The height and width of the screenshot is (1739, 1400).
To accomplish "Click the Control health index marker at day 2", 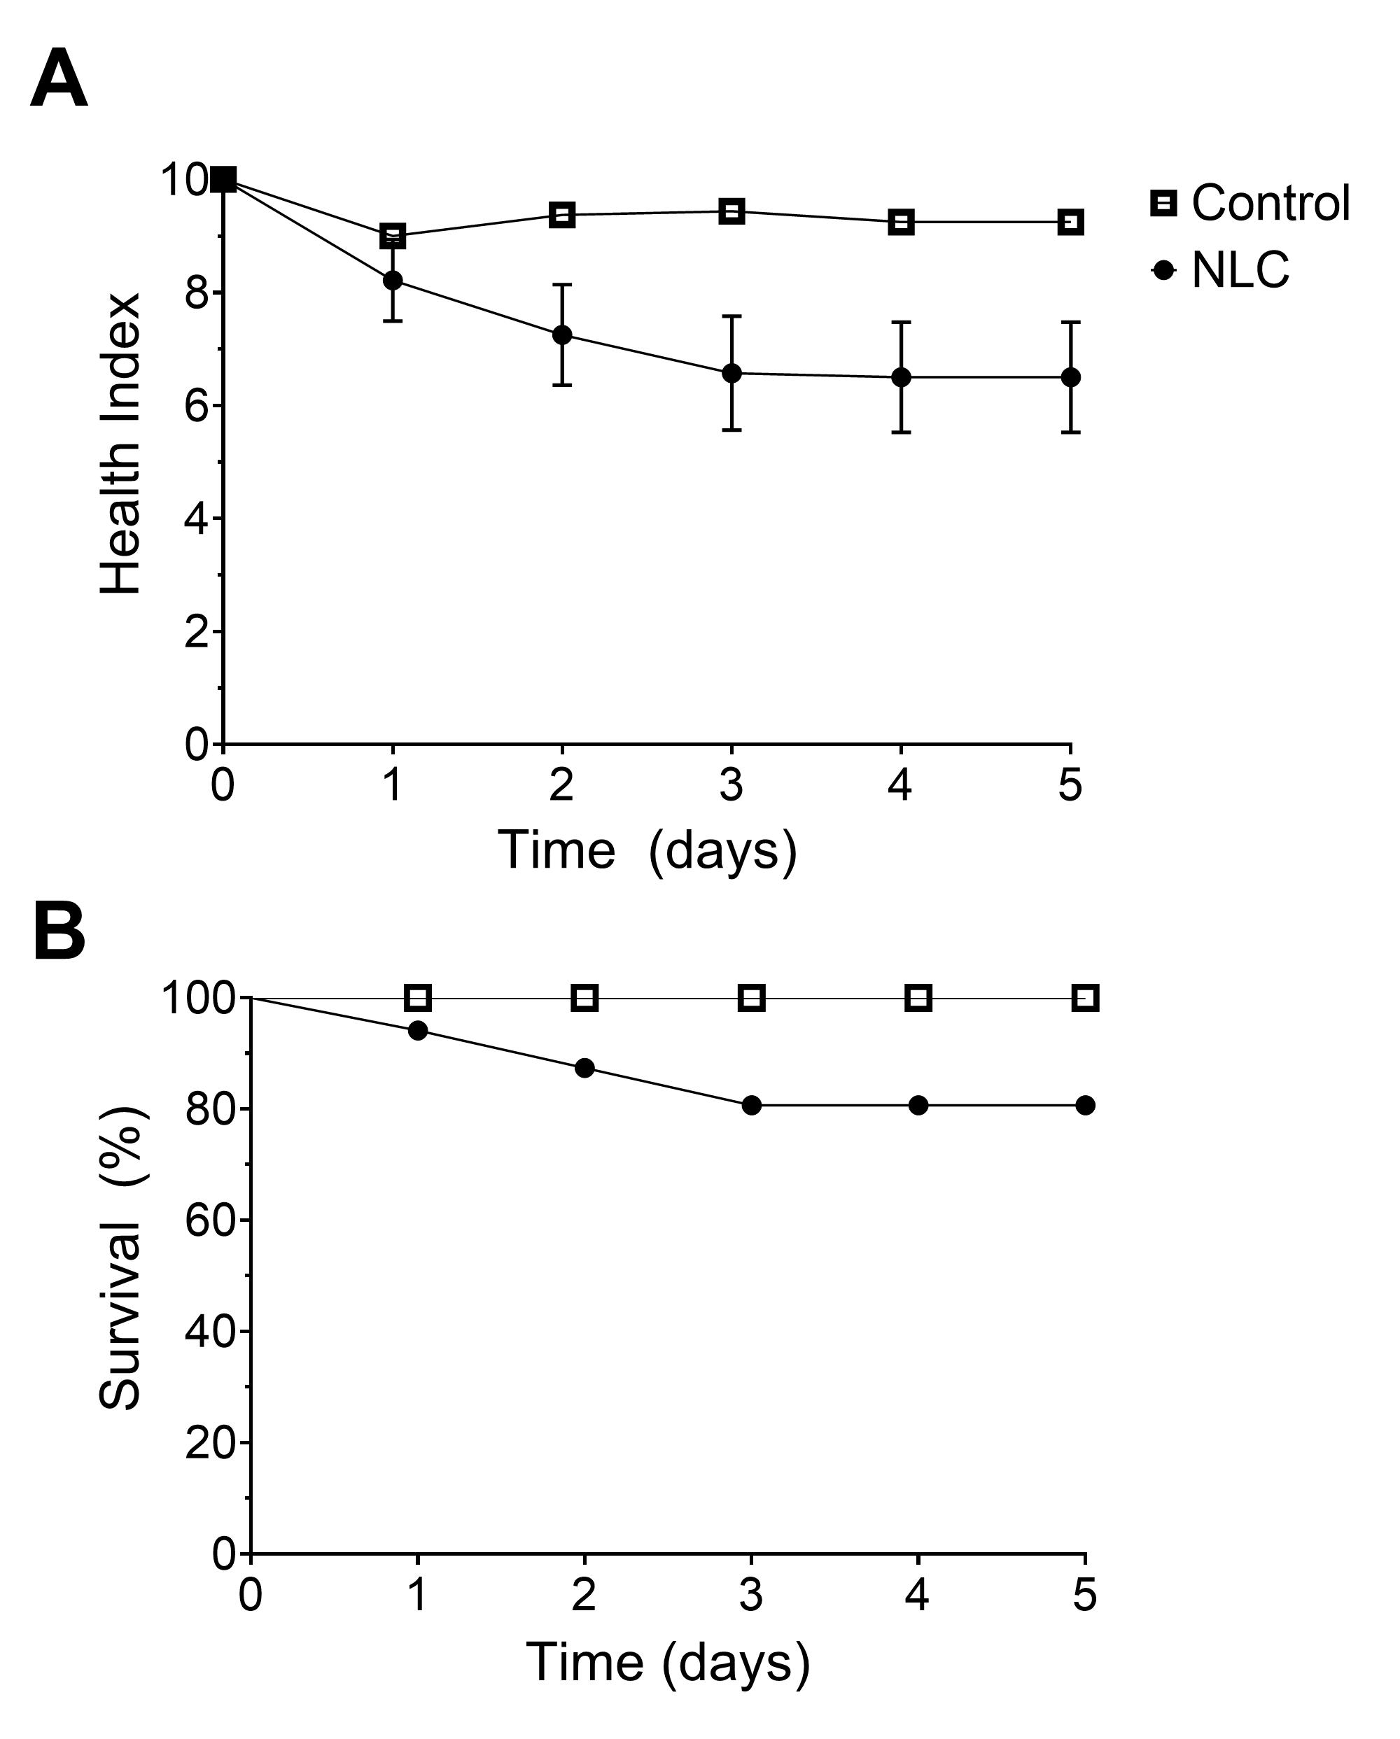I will tap(562, 215).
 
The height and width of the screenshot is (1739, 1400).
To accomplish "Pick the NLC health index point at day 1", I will tap(393, 281).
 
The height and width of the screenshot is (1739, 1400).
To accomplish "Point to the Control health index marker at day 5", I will tap(1071, 222).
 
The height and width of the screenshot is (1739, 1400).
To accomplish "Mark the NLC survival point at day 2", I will tap(585, 1068).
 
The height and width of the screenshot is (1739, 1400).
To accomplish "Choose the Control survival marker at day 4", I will tap(918, 998).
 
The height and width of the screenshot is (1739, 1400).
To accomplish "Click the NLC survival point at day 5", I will tap(1085, 1105).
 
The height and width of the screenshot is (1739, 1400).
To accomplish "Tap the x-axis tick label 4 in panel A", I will tap(900, 784).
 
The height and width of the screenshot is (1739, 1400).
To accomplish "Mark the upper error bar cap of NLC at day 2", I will tap(562, 284).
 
